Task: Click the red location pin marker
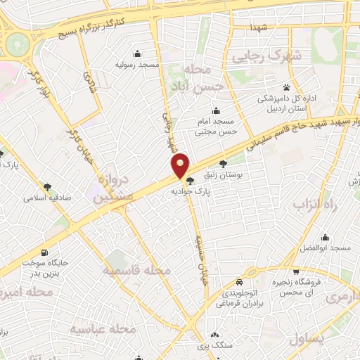point(181,165)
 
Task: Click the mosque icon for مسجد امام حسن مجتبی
point(214,110)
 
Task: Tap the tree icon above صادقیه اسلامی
point(47,187)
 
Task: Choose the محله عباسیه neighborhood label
point(102,328)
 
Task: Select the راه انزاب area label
point(315,205)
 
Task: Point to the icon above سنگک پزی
point(214,335)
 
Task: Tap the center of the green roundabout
point(15,46)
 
